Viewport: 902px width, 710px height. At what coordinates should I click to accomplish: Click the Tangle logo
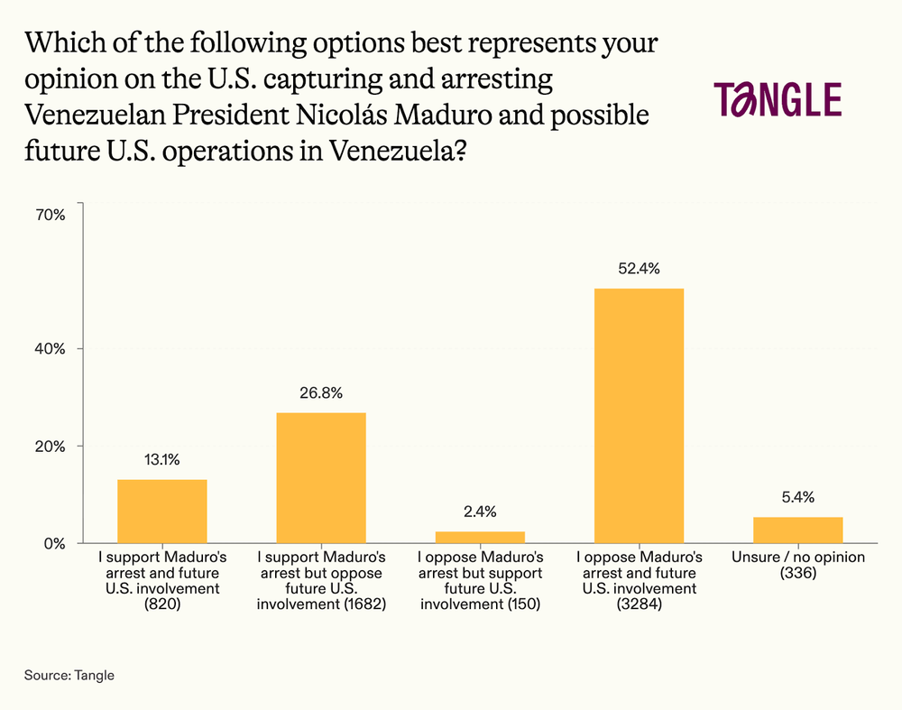(778, 99)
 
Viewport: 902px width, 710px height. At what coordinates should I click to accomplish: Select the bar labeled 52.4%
(639, 415)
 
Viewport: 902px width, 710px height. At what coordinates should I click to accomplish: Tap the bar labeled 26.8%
(321, 477)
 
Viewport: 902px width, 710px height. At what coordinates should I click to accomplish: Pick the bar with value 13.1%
(162, 511)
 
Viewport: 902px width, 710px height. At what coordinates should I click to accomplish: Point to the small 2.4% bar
(480, 537)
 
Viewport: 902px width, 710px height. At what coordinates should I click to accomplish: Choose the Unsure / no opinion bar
(797, 530)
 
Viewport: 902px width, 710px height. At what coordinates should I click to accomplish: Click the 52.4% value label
(639, 268)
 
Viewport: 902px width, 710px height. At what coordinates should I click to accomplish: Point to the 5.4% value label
(797, 496)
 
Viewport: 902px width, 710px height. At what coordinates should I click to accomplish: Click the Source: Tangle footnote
(69, 675)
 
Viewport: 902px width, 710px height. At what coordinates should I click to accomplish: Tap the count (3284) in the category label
(639, 605)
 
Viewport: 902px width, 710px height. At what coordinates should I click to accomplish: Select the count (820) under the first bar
(162, 605)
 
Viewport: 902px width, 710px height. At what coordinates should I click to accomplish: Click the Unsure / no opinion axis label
(797, 558)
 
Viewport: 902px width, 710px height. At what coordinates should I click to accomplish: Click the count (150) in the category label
(518, 605)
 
